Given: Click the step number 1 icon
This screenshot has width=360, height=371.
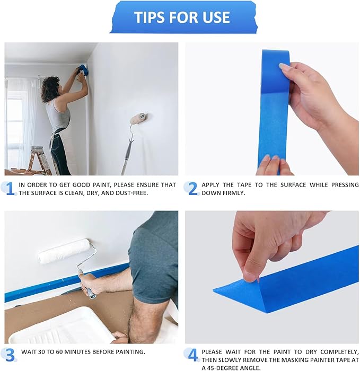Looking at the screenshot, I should [x=10, y=188].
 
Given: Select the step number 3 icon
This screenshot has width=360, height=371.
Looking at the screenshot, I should [x=10, y=354].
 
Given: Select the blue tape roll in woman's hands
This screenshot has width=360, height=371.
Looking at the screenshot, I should [x=83, y=70].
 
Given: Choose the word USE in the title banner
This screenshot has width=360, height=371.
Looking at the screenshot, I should [x=215, y=17].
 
